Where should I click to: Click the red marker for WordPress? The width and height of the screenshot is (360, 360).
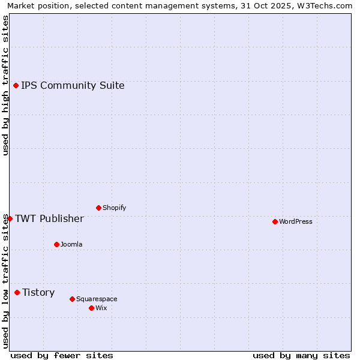pyautogui.click(x=275, y=221)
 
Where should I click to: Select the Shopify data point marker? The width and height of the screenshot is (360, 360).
pyautogui.click(x=98, y=208)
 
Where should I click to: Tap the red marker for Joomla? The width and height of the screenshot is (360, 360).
pyautogui.click(x=56, y=244)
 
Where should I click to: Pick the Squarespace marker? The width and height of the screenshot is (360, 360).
pyautogui.click(x=72, y=299)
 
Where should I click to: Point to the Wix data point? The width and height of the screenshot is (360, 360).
pyautogui.click(x=91, y=308)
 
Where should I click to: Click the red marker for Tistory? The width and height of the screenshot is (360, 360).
pyautogui.click(x=17, y=292)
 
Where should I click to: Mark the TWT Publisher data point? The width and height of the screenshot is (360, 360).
pyautogui.click(x=10, y=218)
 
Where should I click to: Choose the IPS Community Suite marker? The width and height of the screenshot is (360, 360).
pyautogui.click(x=16, y=85)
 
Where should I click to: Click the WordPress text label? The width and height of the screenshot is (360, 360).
pyautogui.click(x=296, y=221)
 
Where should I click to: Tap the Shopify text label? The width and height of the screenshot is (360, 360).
pyautogui.click(x=115, y=208)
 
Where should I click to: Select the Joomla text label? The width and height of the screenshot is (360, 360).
pyautogui.click(x=71, y=244)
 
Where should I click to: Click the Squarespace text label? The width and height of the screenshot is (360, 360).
pyautogui.click(x=97, y=299)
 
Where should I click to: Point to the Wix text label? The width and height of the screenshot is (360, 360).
pyautogui.click(x=101, y=308)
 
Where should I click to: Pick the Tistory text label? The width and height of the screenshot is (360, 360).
pyautogui.click(x=38, y=292)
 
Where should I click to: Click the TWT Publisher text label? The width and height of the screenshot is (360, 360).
pyautogui.click(x=49, y=218)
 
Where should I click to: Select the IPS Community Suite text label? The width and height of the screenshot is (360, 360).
pyautogui.click(x=73, y=85)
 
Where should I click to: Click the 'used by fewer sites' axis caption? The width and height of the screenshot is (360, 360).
pyautogui.click(x=62, y=355)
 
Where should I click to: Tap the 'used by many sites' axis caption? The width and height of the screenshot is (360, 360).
pyautogui.click(x=301, y=355)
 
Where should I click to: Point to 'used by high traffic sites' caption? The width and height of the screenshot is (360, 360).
pyautogui.click(x=5, y=85)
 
